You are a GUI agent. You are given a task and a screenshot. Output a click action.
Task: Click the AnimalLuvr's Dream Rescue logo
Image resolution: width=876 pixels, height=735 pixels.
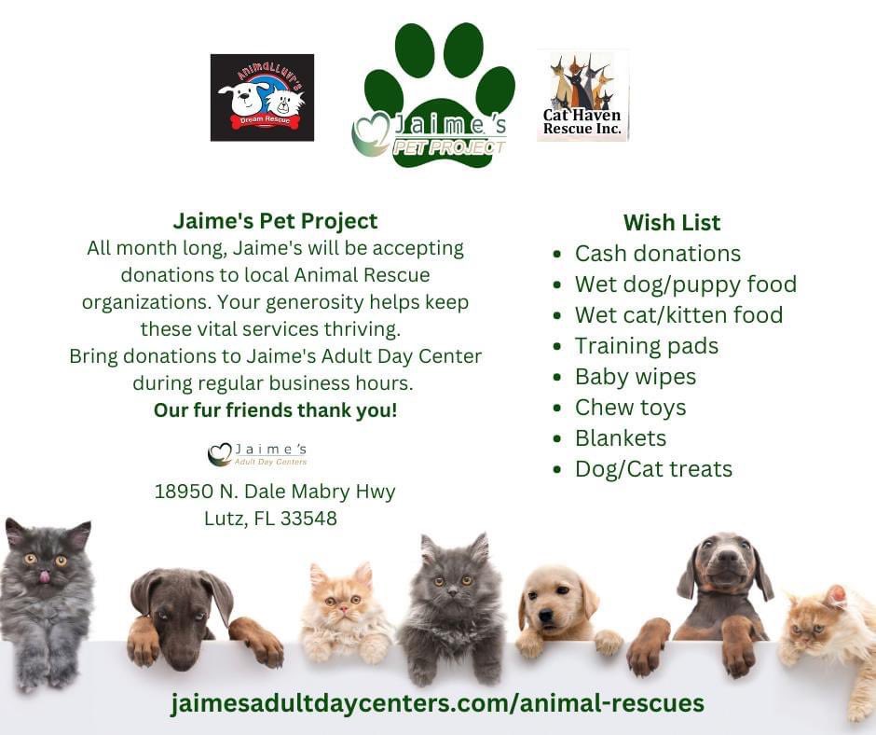(x=262, y=97)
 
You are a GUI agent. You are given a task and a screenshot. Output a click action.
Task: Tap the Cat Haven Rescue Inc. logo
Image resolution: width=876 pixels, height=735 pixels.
(x=582, y=96)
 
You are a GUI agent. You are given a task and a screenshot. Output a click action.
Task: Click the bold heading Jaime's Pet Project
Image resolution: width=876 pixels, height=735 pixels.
(x=275, y=221)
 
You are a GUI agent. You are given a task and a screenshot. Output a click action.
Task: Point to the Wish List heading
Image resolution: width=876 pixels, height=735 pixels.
(x=671, y=223)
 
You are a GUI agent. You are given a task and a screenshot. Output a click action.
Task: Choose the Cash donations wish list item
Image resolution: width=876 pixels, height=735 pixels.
(x=657, y=254)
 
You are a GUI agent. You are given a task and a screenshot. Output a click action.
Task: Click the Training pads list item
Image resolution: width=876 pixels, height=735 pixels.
(x=646, y=346)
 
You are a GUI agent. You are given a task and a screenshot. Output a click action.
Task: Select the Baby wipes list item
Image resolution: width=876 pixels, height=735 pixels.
(x=635, y=377)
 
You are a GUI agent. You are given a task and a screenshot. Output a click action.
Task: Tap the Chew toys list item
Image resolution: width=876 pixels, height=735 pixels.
(x=630, y=408)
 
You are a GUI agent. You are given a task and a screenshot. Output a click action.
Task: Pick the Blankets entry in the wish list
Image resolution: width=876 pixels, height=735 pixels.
(x=620, y=438)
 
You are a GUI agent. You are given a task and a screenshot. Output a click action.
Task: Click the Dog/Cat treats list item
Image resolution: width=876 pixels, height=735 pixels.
(x=653, y=469)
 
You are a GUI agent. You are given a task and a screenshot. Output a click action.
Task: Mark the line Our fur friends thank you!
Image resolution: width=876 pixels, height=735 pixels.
(x=275, y=410)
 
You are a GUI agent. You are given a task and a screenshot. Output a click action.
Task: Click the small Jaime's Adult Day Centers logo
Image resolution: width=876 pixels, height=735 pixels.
(x=257, y=454)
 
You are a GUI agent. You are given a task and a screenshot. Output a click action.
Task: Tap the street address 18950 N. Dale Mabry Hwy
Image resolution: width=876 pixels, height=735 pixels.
(x=275, y=492)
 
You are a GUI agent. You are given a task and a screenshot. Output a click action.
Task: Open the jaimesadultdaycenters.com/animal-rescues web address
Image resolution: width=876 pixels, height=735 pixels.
(x=437, y=702)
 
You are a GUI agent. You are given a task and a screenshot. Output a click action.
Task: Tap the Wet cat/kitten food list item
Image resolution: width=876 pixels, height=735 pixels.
(x=678, y=315)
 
